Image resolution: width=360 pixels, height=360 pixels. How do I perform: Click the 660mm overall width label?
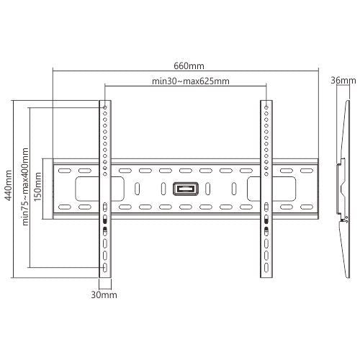tap(186, 64)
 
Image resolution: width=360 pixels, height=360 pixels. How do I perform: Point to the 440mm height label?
tap(9, 186)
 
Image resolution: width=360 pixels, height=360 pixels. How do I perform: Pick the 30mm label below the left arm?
tap(104, 294)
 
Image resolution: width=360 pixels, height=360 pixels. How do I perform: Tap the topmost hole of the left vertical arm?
tap(105, 107)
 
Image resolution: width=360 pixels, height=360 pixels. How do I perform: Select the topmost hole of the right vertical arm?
tap(266, 107)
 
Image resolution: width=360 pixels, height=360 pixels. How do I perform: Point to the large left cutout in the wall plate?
tap(82, 189)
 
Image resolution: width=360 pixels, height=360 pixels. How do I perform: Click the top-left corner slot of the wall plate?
tap(65, 171)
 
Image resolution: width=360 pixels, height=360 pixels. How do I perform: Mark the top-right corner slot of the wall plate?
tap(306, 171)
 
